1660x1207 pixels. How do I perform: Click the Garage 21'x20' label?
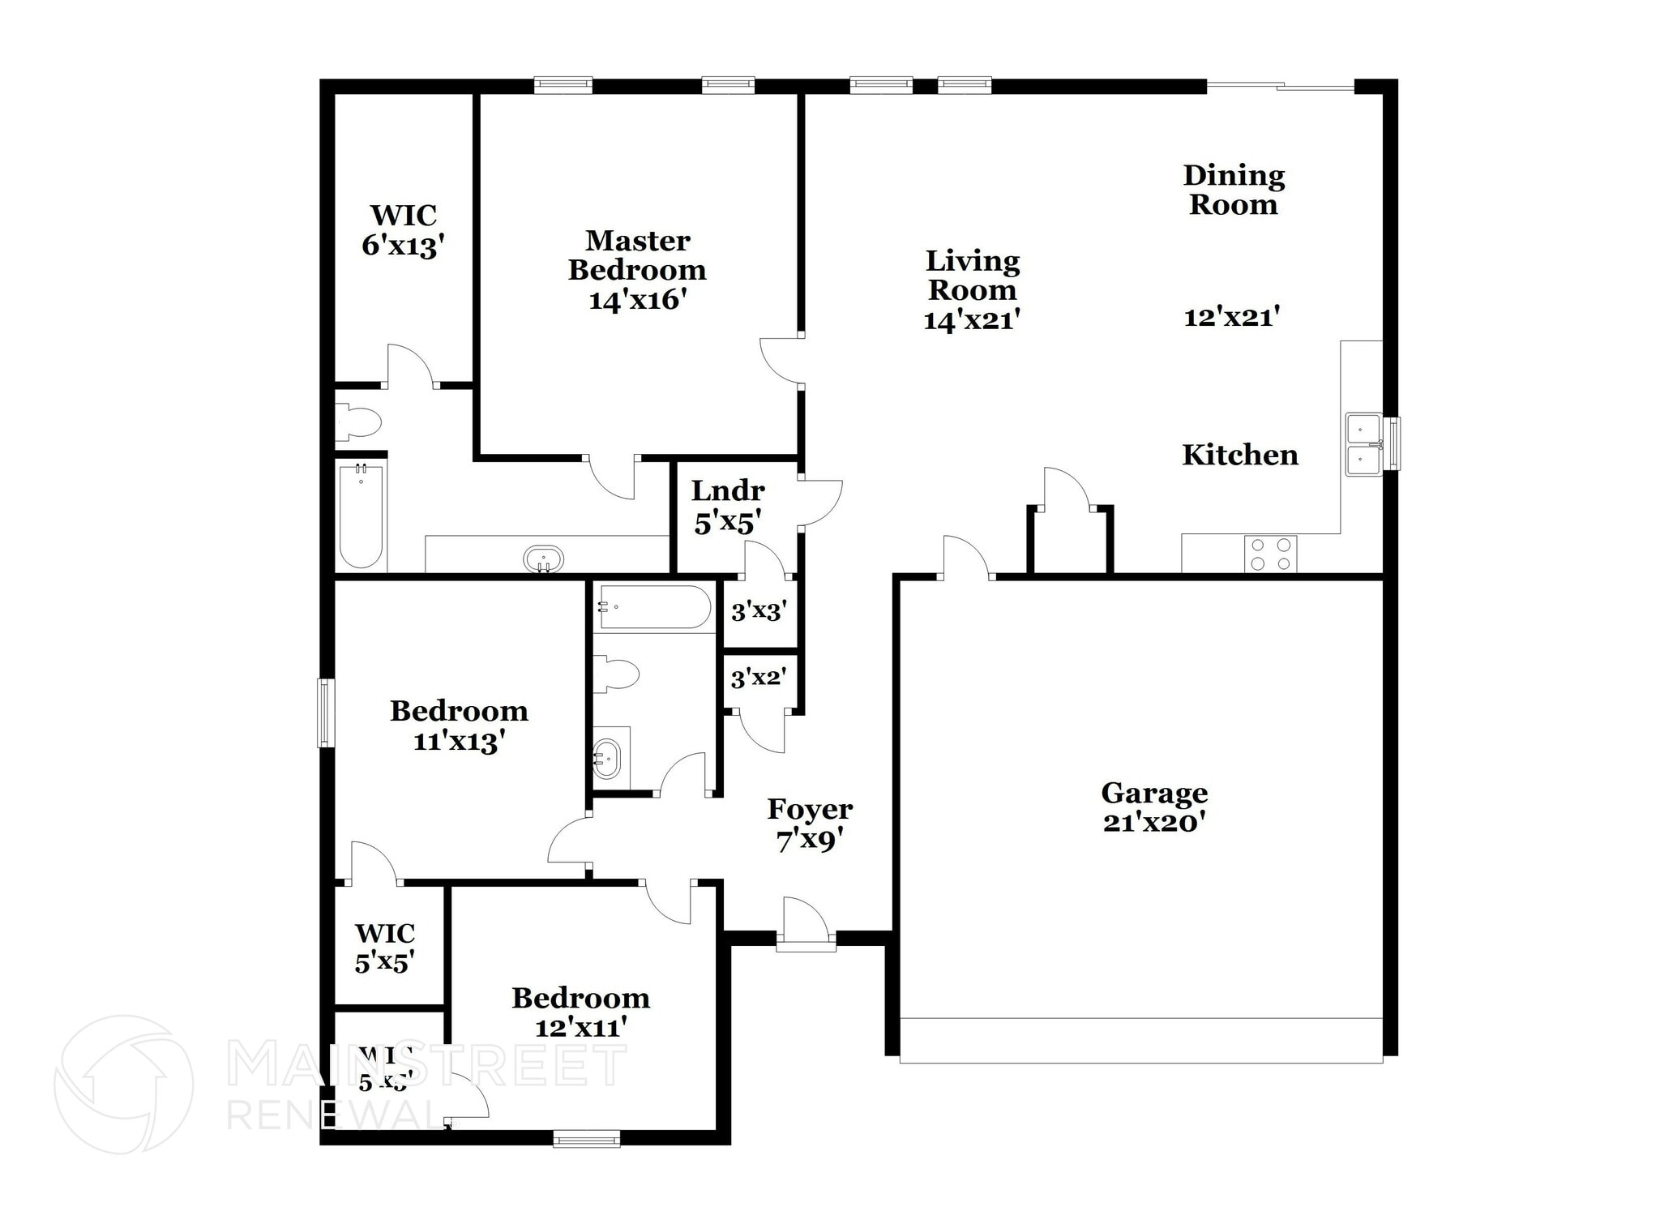[1153, 807]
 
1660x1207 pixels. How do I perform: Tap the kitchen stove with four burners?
[1270, 554]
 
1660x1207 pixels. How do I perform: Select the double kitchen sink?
[1364, 444]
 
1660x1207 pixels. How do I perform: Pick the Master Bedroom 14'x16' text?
[637, 270]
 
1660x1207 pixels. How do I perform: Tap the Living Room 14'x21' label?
[972, 290]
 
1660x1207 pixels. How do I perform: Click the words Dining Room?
[1233, 190]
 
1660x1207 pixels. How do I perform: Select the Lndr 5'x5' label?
[727, 507]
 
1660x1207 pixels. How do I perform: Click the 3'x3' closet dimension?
[759, 611]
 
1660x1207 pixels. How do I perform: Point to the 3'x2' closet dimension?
[758, 678]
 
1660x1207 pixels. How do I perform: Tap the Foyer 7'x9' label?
[809, 824]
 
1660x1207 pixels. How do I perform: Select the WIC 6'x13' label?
[403, 230]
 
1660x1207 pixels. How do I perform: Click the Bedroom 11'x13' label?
[459, 725]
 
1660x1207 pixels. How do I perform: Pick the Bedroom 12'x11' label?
[580, 1012]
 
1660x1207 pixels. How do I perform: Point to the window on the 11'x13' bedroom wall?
[326, 713]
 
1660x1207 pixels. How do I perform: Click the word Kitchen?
[1239, 456]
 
